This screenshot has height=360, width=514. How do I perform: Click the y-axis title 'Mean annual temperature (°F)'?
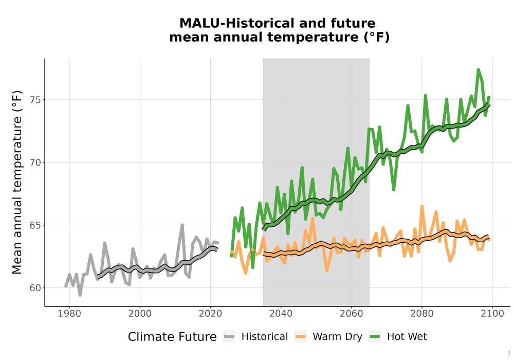pyautogui.click(x=17, y=182)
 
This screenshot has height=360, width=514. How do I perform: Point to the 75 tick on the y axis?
pyautogui.click(x=36, y=100)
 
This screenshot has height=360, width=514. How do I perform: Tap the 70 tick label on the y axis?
pyautogui.click(x=36, y=163)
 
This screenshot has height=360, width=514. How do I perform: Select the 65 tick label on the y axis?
pyautogui.click(x=36, y=225)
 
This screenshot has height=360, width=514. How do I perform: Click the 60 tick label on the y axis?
pyautogui.click(x=36, y=288)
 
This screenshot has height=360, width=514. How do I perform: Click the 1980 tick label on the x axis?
pyautogui.click(x=69, y=314)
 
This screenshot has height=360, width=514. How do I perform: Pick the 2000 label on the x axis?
pyautogui.click(x=140, y=314)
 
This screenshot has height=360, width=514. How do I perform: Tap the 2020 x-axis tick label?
pyautogui.click(x=210, y=314)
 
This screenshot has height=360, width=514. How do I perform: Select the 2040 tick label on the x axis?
pyautogui.click(x=281, y=314)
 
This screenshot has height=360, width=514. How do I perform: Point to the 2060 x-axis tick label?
pyautogui.click(x=351, y=314)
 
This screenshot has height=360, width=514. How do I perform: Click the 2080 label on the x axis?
pyautogui.click(x=422, y=314)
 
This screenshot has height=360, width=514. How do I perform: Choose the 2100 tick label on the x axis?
pyautogui.click(x=492, y=314)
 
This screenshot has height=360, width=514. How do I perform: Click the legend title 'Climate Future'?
pyautogui.click(x=172, y=337)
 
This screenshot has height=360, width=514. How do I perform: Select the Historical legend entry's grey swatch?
pyautogui.click(x=229, y=336)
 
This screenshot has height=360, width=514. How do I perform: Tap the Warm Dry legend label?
pyautogui.click(x=337, y=337)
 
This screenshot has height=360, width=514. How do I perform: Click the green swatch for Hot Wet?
pyautogui.click(x=375, y=336)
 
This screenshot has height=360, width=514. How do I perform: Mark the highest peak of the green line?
pyautogui.click(x=478, y=69)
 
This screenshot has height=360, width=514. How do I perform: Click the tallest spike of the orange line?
pyautogui.click(x=422, y=206)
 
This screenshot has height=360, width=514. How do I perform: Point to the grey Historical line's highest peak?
pyautogui.click(x=182, y=225)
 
